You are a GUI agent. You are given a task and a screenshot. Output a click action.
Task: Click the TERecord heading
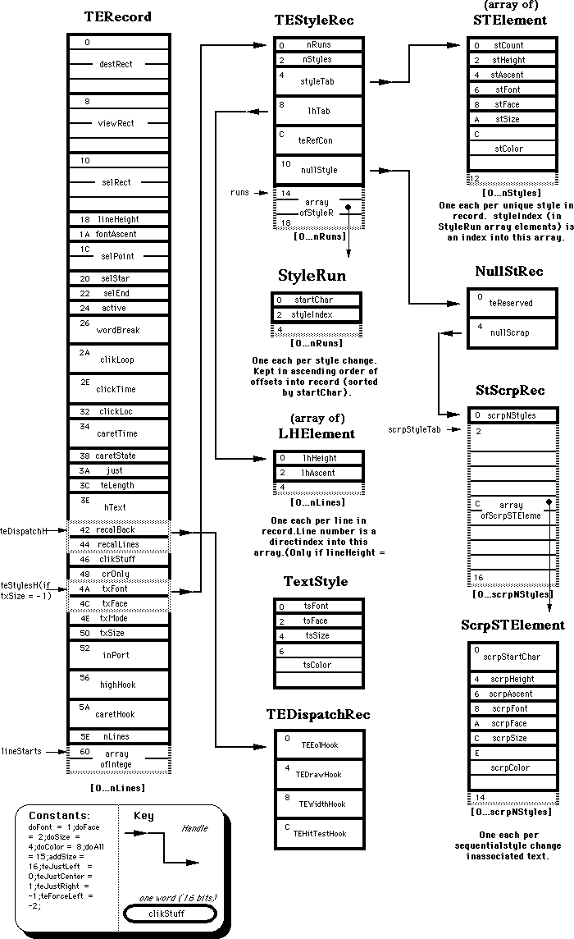coord(117,17)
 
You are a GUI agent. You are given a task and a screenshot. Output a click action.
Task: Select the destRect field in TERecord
coord(117,63)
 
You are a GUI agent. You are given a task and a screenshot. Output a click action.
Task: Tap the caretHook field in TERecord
coord(117,714)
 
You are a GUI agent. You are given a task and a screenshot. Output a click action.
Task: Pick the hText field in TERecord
coord(117,507)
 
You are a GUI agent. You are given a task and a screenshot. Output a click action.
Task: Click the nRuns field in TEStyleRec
coord(319,45)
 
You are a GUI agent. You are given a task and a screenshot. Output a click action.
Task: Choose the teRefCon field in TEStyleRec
coord(319,140)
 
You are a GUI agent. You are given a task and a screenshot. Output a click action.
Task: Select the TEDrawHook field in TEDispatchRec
coord(318,774)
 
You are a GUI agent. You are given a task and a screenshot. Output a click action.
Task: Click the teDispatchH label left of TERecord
coord(26,531)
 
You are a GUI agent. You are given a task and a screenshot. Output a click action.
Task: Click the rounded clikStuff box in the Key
coord(170,914)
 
